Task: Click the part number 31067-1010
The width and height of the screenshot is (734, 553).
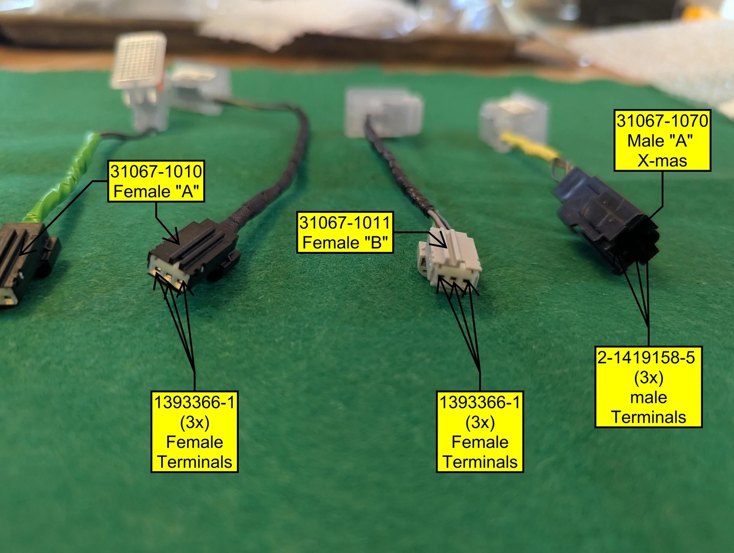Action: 156,171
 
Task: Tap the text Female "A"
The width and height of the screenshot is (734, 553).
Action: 156,191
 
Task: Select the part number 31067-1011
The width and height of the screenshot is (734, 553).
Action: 344,222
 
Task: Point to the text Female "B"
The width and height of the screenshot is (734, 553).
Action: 345,242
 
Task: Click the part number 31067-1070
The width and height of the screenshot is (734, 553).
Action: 662,121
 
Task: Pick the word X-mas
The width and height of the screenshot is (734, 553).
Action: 662,161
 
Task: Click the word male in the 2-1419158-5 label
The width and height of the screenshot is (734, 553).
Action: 649,397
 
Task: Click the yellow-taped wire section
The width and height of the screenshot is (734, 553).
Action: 529,147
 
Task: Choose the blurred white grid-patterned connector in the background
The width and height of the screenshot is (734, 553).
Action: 139,62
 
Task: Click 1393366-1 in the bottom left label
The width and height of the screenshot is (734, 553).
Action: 194,402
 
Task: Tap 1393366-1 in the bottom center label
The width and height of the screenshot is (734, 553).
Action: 480,402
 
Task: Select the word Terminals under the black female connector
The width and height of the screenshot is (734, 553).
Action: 194,462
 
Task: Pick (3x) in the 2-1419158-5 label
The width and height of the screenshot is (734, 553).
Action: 649,377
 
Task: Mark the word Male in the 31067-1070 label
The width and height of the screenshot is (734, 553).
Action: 645,141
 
